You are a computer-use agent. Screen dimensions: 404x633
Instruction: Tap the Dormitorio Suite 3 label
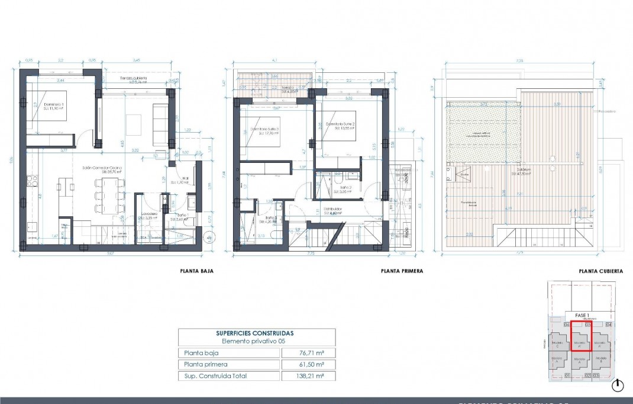click(264, 130)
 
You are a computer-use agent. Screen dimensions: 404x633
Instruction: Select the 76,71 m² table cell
click(309, 353)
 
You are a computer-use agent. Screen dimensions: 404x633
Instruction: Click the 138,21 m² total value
click(309, 376)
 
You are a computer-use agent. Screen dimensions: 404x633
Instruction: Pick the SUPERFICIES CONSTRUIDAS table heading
click(256, 334)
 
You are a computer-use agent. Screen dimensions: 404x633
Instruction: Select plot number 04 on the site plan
click(608, 325)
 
